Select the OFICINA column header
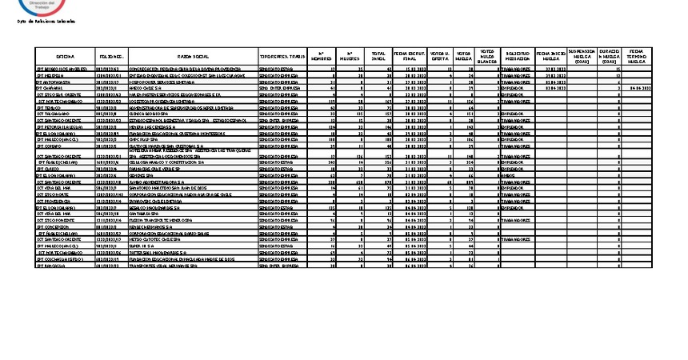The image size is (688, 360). [x=66, y=57]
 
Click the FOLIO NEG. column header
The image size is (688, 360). [x=110, y=57]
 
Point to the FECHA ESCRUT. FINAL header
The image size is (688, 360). [x=409, y=57]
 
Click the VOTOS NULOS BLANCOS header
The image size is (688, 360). [x=486, y=57]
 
